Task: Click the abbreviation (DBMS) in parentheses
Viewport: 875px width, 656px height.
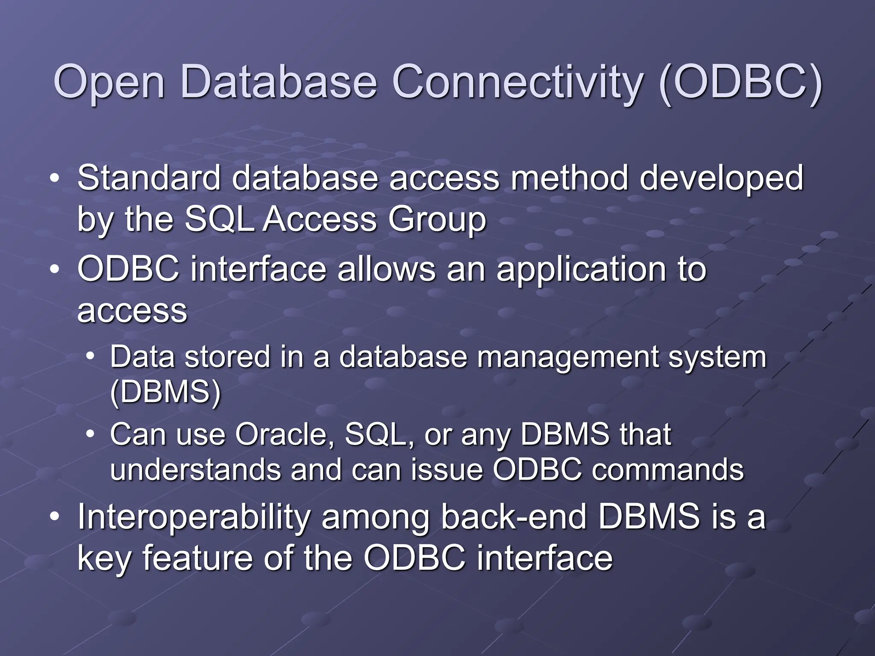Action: pyautogui.click(x=165, y=392)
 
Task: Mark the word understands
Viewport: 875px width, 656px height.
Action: pyautogui.click(x=195, y=470)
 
